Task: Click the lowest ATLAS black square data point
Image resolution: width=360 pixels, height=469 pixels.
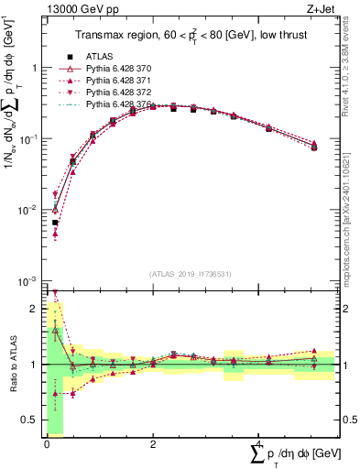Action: [55, 223]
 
